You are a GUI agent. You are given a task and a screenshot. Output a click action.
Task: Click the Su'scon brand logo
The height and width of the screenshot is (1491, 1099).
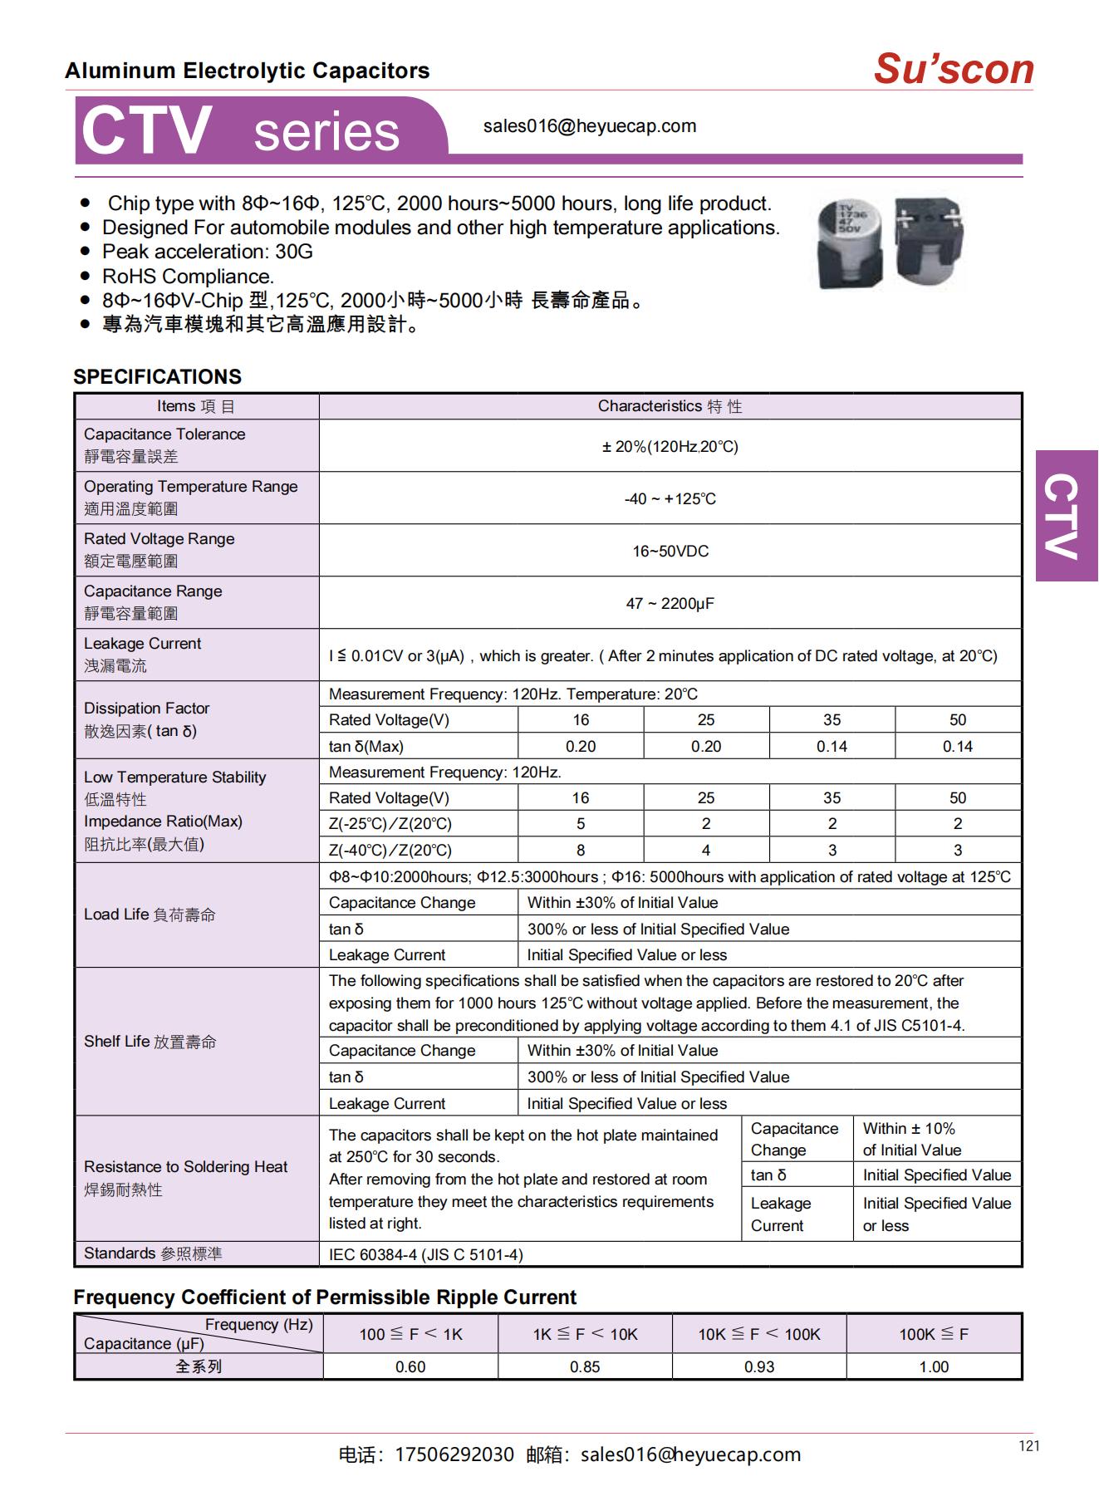click(953, 69)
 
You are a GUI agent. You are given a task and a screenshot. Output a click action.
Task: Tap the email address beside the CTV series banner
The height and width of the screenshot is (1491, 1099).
click(590, 126)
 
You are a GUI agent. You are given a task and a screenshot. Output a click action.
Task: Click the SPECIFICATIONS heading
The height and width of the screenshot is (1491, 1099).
click(157, 376)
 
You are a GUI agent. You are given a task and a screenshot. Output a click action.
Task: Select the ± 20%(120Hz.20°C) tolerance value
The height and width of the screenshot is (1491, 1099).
click(670, 447)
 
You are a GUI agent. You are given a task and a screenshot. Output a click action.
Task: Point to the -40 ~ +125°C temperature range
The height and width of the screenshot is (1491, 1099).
click(670, 499)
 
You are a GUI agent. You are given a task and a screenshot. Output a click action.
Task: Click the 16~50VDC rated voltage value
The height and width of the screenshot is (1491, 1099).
click(670, 552)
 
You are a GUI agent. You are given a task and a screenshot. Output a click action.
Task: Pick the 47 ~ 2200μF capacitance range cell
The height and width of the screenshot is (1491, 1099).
click(670, 604)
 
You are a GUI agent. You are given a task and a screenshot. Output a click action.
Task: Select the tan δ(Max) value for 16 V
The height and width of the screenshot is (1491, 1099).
click(580, 746)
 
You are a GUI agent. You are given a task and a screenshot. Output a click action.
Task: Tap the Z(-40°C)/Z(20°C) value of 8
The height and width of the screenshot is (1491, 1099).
click(580, 850)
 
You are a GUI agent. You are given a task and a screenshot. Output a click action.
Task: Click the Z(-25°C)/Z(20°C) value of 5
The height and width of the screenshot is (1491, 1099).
click(580, 823)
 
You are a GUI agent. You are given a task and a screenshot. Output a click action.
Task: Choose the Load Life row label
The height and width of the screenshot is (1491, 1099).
click(150, 915)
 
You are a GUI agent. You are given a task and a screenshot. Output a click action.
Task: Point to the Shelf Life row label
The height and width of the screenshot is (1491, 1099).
click(150, 1042)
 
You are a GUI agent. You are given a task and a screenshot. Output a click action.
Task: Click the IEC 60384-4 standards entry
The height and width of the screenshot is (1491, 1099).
click(425, 1254)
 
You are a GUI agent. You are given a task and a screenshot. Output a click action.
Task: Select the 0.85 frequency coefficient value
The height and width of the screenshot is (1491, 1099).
click(585, 1366)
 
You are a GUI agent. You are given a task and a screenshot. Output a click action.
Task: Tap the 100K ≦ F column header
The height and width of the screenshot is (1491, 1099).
click(934, 1334)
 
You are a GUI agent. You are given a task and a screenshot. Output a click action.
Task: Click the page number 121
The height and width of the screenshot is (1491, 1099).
click(1028, 1446)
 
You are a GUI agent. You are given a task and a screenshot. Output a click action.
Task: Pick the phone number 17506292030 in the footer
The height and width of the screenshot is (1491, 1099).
click(454, 1454)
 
